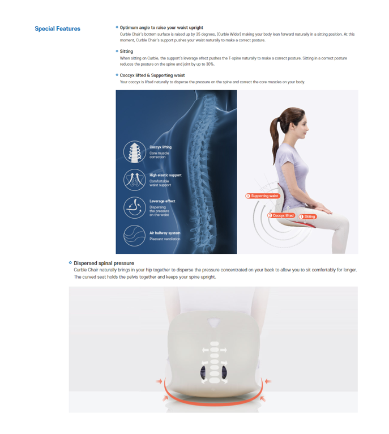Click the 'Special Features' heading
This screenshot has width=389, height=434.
(57, 28)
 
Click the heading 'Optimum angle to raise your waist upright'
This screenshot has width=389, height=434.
(161, 28)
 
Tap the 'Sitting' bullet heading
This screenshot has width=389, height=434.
(126, 51)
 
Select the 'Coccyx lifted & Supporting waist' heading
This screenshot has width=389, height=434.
(152, 75)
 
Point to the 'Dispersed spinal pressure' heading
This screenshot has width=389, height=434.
(104, 263)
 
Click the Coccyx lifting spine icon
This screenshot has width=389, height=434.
(134, 152)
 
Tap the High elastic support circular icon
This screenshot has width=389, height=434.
(134, 180)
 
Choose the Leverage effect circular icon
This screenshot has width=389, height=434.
(134, 208)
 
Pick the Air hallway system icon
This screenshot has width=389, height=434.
(134, 236)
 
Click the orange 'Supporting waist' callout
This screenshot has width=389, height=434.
(263, 196)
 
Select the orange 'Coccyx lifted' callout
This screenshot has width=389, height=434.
(281, 215)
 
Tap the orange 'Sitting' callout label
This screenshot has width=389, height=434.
(307, 217)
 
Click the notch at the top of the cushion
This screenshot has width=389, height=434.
(213, 322)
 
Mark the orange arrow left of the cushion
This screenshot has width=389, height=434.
(159, 381)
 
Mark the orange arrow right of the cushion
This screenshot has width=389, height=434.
(268, 381)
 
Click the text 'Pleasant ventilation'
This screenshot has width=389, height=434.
(165, 239)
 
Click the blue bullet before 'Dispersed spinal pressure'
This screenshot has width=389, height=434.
(70, 262)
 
